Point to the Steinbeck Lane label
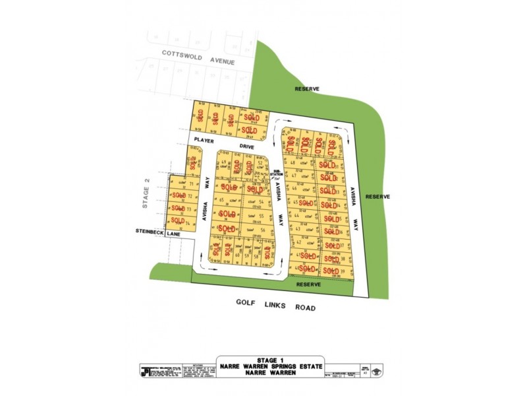tap(158, 232)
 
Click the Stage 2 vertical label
tap(147, 198)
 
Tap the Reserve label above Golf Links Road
tap(308, 284)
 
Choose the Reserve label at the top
tap(307, 88)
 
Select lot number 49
tap(224, 162)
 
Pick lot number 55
tap(262, 216)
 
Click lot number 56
tap(262, 230)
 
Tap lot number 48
tap(292, 162)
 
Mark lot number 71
tap(191, 184)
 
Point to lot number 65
tap(222, 200)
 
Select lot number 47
tap(294, 176)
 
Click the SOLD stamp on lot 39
tap(331, 269)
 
